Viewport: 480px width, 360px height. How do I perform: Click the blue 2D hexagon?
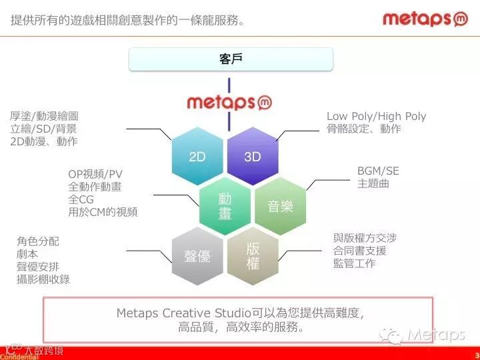pyautogui.click(x=197, y=157)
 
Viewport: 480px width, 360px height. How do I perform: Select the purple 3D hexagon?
pyautogui.click(x=253, y=157)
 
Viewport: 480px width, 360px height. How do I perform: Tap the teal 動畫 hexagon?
pyautogui.click(x=225, y=206)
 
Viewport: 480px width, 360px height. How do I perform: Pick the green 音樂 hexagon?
pyautogui.click(x=281, y=206)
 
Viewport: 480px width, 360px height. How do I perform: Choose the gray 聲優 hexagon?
pyautogui.click(x=197, y=256)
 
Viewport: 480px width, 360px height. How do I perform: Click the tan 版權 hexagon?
pyautogui.click(x=253, y=256)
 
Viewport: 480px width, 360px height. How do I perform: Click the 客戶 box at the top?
pyautogui.click(x=230, y=59)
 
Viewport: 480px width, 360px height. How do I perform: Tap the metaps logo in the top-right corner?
pyautogui.click(x=425, y=19)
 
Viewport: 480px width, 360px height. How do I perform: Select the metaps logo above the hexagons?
pyautogui.click(x=229, y=102)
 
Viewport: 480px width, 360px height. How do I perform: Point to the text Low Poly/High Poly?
pyautogui.click(x=376, y=116)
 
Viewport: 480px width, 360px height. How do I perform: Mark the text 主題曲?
pyautogui.click(x=373, y=183)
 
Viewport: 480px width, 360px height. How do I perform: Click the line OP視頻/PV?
pyautogui.click(x=95, y=175)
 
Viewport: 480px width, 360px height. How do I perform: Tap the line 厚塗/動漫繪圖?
pyautogui.click(x=44, y=116)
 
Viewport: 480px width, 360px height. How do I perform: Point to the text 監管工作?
pyautogui.click(x=355, y=263)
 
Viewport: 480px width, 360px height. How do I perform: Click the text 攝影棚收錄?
pyautogui.click(x=43, y=279)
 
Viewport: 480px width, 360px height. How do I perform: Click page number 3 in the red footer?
pyautogui.click(x=476, y=354)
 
